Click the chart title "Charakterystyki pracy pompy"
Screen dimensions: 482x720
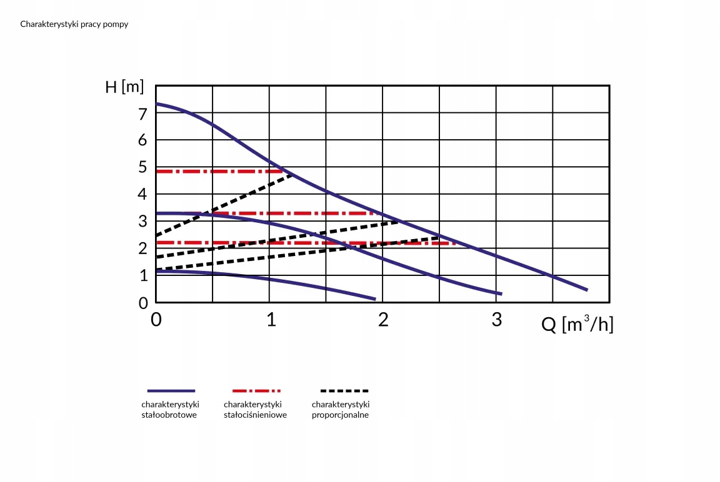tap(74, 24)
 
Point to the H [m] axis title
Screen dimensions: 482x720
tap(124, 87)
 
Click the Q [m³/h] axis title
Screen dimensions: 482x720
tap(577, 325)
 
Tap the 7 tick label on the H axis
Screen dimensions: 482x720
tap(143, 114)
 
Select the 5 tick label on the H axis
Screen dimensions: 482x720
tap(143, 168)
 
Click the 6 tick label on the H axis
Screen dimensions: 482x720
tap(143, 140)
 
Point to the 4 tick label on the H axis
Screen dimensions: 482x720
tap(143, 195)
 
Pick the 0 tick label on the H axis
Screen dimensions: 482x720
tap(143, 303)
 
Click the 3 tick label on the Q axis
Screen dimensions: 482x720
tap(497, 320)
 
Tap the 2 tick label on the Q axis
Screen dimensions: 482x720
tap(383, 320)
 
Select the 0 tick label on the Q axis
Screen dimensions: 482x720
tap(156, 320)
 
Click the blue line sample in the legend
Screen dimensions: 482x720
tap(171, 391)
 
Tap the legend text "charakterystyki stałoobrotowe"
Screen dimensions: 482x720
tap(171, 410)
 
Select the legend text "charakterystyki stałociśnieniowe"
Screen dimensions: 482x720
tap(255, 410)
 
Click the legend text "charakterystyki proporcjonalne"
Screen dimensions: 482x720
tap(341, 410)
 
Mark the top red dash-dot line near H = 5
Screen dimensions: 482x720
tap(219, 171)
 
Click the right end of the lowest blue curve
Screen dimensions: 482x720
tap(374, 298)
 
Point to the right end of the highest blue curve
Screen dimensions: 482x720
tap(586, 289)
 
